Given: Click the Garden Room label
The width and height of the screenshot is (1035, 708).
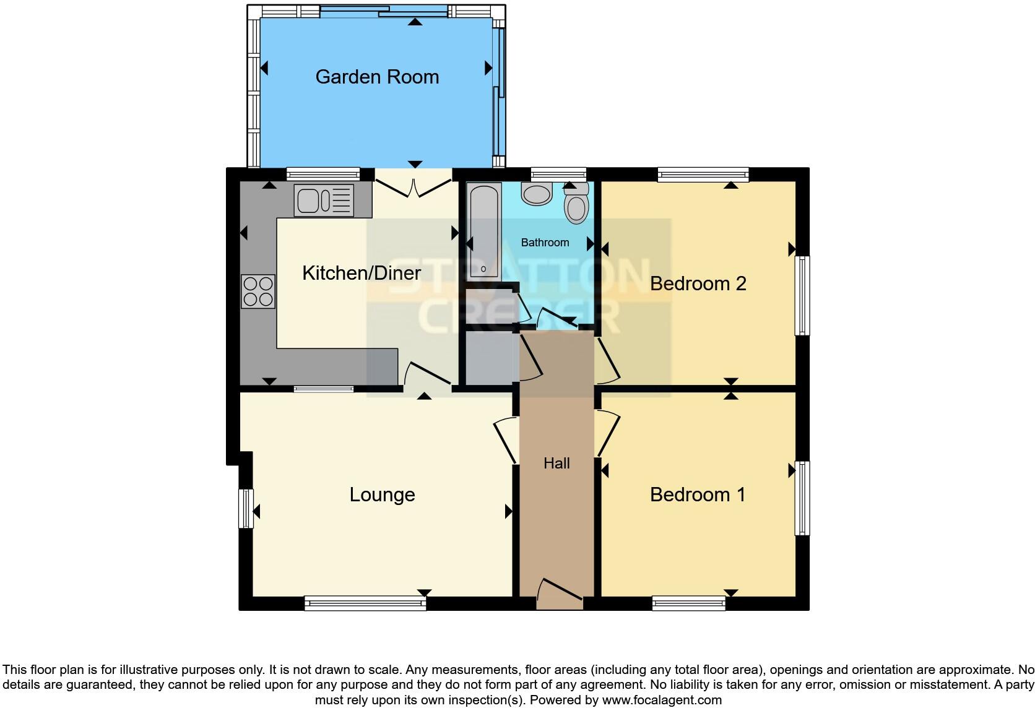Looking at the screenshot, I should (377, 77).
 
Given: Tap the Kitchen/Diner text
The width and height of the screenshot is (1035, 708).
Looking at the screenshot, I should (362, 273).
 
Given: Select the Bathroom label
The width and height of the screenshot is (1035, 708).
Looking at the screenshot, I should (545, 243).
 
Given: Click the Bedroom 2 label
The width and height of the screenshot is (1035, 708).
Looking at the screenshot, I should (698, 283).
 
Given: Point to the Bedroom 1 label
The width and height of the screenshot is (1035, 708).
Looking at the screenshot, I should (698, 494).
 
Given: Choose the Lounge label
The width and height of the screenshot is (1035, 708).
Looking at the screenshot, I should (382, 494).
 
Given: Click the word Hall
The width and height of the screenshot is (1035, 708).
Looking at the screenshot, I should (556, 464).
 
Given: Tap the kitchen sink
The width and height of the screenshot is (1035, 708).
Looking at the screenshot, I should (324, 201).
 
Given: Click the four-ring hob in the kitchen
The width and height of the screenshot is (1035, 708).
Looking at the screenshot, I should (258, 291).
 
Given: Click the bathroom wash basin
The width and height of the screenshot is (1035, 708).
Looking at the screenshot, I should (537, 193).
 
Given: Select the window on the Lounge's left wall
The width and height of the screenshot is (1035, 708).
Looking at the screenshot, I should (246, 508).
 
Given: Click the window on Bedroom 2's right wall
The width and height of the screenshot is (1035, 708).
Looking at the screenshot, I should (802, 295).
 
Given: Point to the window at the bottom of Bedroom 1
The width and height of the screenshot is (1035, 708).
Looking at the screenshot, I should (688, 603).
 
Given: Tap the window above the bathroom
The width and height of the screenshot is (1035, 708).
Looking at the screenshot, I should (558, 174).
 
